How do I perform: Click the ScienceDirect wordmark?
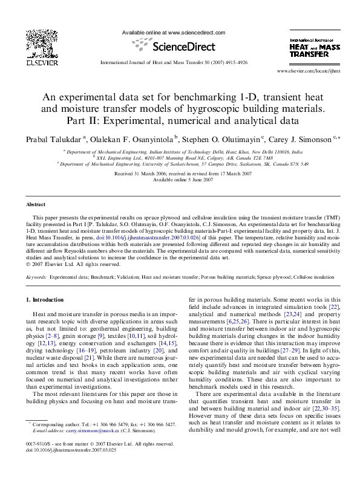(179, 47)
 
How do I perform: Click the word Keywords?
(37, 276)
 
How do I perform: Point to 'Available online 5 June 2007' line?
(180, 180)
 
